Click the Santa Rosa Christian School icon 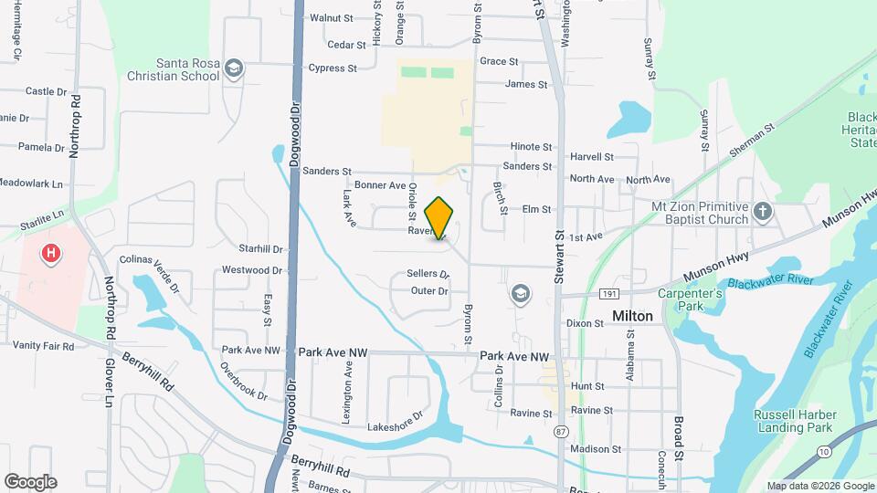(x=235, y=69)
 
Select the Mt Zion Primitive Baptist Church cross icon (x=763, y=214)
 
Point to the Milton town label (x=632, y=316)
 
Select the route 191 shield (x=609, y=294)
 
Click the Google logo (x=30, y=482)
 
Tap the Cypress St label (x=333, y=68)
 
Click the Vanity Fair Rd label (x=43, y=346)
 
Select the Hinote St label (x=531, y=146)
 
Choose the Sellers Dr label (x=428, y=274)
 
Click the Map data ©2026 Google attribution (x=820, y=486)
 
